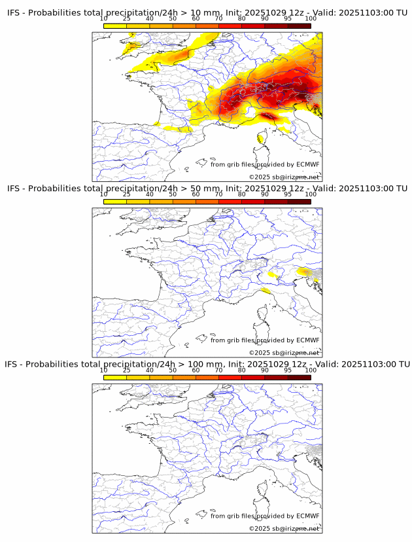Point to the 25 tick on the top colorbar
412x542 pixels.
[126, 19]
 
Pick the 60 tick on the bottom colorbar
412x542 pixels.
[196, 370]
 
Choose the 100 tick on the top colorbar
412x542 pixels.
[311, 19]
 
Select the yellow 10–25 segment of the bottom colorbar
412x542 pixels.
[115, 377]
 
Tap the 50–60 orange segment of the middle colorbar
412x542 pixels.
[184, 201]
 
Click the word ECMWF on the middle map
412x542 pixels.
[307, 340]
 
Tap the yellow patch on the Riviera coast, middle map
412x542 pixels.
[265, 290]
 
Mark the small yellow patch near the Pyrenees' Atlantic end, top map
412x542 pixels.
[157, 122]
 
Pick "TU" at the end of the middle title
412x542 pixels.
[400, 189]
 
